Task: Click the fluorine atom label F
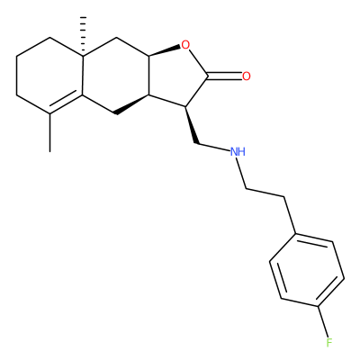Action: pos(329,342)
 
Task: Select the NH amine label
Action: pos(238,152)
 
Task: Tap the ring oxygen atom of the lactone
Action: pos(185,45)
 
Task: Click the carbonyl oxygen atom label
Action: pos(247,76)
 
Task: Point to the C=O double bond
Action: pos(224,76)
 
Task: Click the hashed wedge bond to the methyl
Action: pos(83,36)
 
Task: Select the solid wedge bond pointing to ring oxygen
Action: pos(165,50)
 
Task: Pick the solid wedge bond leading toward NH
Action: pos(192,125)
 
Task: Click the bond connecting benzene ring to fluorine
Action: pos(323,322)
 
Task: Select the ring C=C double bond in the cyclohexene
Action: pos(67,104)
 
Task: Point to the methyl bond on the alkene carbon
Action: pos(49,132)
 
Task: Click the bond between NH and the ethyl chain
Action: pos(241,174)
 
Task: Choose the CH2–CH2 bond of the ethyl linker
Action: pos(265,193)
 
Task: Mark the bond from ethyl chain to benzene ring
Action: pos(290,215)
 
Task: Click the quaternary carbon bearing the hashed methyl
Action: pos(83,56)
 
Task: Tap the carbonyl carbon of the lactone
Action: pos(208,76)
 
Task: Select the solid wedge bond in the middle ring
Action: pos(132,104)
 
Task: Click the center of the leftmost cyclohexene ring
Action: pos(49,76)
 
